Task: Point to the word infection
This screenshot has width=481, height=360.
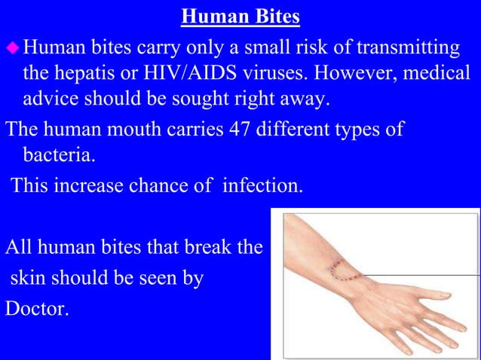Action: point(259,183)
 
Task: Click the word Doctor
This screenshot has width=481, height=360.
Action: point(37,308)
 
